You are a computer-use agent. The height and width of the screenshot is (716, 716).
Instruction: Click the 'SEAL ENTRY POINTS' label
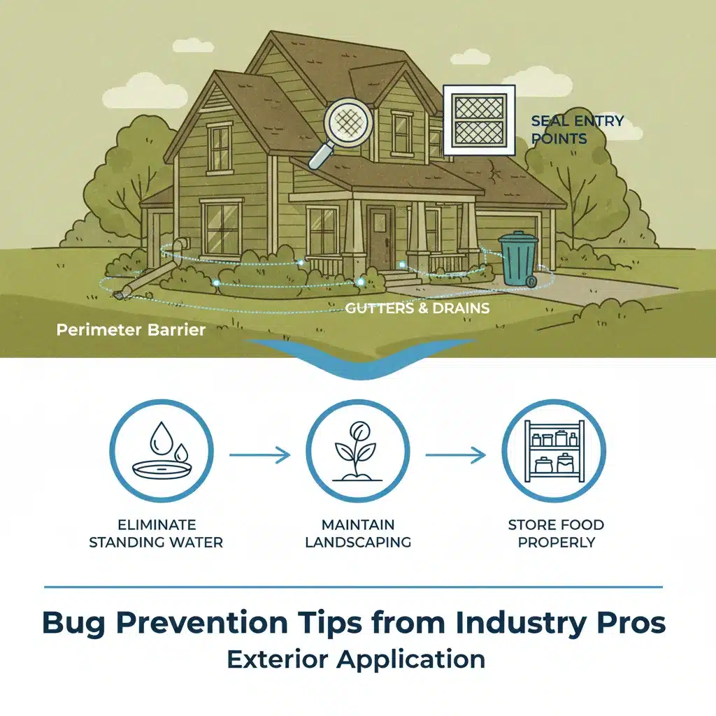point(577,129)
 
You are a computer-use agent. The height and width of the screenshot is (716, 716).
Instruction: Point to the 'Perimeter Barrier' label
point(131,329)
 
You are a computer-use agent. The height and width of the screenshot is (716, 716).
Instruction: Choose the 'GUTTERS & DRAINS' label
point(417,308)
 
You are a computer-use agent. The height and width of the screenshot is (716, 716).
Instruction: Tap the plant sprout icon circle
point(357,454)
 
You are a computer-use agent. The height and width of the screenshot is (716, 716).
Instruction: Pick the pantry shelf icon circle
point(555,454)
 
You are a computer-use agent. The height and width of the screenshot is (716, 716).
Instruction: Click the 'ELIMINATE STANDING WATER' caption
point(156,533)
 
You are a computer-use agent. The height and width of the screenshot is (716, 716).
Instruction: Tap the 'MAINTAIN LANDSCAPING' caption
point(357,533)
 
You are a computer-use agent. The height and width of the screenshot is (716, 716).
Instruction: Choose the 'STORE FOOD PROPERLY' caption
point(557,533)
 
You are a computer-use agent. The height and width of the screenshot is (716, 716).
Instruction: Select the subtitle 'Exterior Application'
point(357,659)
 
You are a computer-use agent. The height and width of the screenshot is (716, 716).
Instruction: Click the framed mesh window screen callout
point(480,120)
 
